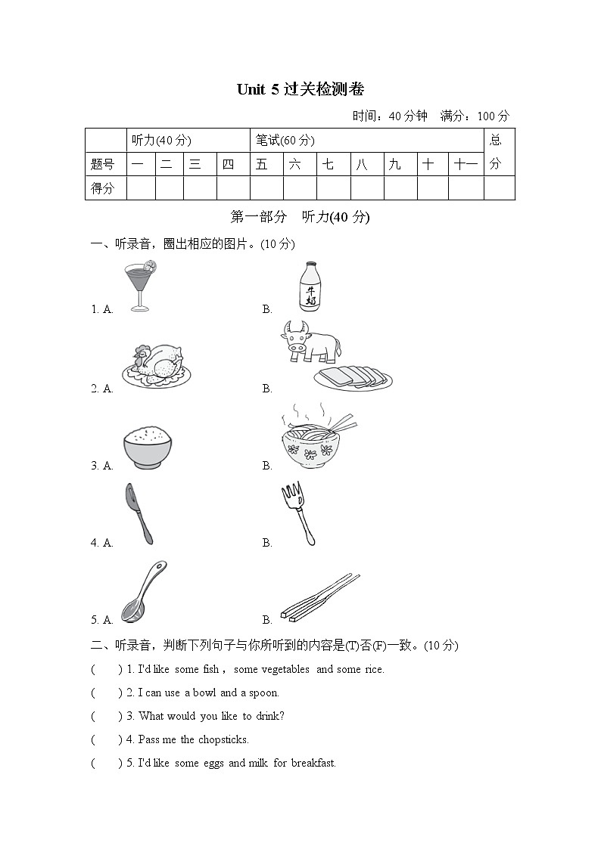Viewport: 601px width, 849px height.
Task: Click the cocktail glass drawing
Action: point(140,286)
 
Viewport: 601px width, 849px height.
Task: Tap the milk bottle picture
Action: point(310,287)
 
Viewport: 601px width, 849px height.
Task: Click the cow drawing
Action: point(310,341)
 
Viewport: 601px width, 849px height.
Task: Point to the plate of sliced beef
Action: point(353,376)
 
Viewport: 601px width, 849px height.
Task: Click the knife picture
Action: point(139,514)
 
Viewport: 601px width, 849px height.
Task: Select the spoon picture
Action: point(144,591)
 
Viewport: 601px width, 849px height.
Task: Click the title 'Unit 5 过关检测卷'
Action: point(300,89)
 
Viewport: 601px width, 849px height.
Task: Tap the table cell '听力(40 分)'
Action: point(161,140)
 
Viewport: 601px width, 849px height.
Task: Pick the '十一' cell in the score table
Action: point(465,164)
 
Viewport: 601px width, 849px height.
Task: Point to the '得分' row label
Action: point(103,188)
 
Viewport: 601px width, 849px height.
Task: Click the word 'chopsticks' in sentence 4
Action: point(223,739)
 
